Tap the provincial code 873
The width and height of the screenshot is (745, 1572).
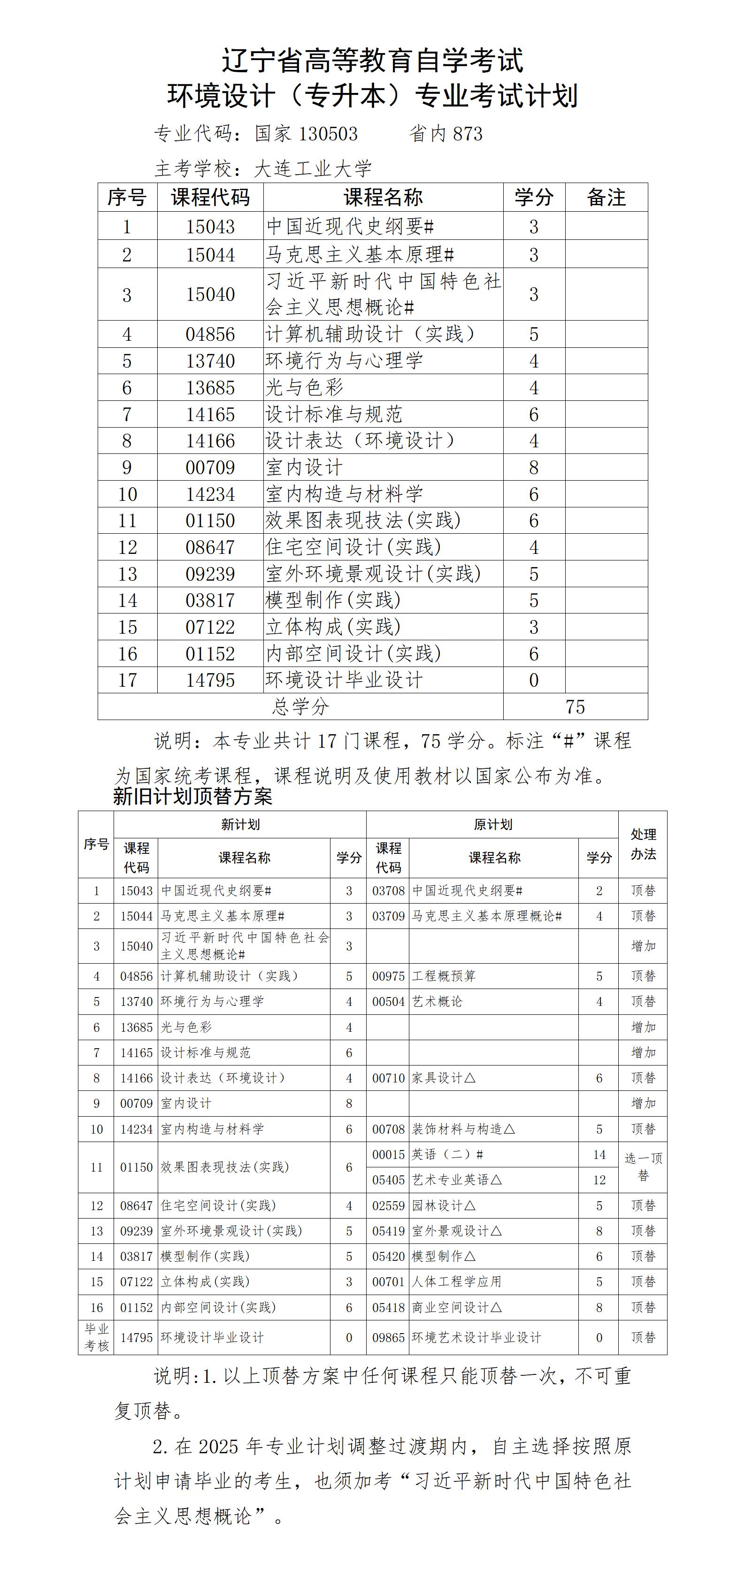click(468, 134)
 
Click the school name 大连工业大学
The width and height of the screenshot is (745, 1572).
click(312, 169)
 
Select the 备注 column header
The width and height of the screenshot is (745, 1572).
click(606, 198)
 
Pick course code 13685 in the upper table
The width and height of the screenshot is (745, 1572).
click(210, 388)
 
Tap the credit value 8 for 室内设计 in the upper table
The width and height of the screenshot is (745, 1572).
click(533, 468)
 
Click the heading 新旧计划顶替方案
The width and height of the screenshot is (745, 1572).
click(193, 797)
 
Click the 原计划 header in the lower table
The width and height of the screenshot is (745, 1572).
click(492, 824)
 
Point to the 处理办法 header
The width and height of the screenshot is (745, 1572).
click(643, 844)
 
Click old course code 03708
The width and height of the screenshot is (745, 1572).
click(388, 891)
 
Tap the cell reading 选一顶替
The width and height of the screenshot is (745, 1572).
click(643, 1167)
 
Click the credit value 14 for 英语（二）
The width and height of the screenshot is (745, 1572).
click(599, 1155)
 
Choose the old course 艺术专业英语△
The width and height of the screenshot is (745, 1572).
click(456, 1180)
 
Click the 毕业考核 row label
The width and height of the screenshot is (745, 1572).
click(96, 1337)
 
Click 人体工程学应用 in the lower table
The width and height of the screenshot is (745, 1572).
click(456, 1281)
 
